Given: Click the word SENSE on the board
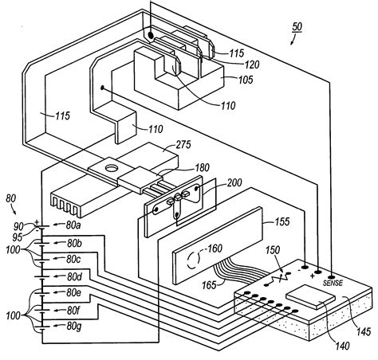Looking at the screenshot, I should pos(333,282).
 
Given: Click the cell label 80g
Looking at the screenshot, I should pos(74,327).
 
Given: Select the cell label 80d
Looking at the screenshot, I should pos(74,276).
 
